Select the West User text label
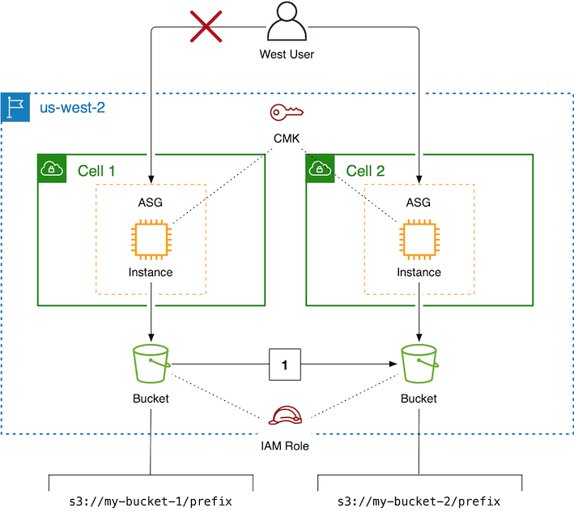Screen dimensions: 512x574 click(x=286, y=55)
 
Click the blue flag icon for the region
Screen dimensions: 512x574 click(x=15, y=105)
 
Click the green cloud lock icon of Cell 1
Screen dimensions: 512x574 click(x=52, y=169)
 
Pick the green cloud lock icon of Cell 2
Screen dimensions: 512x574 click(x=321, y=169)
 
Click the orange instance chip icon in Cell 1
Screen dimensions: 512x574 click(x=151, y=239)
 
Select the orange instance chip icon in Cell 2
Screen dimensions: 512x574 click(x=419, y=239)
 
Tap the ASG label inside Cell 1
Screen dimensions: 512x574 click(x=151, y=203)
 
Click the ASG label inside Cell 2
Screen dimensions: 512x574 click(x=419, y=203)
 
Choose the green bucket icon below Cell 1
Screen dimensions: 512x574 click(x=151, y=365)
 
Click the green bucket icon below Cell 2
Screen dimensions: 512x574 click(x=419, y=365)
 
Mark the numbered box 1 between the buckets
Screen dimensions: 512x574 click(x=284, y=365)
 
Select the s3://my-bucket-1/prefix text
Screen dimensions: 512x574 click(x=151, y=501)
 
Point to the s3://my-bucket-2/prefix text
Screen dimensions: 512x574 click(x=419, y=501)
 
